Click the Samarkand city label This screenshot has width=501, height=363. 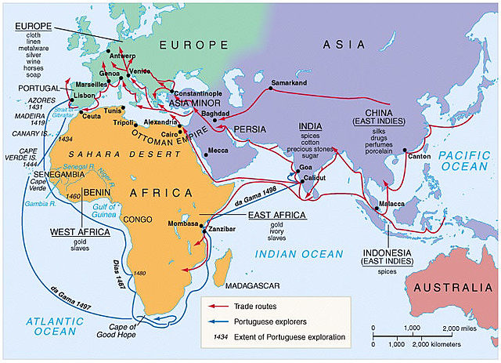coord(288,82)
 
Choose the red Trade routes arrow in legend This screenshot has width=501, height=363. coord(217,305)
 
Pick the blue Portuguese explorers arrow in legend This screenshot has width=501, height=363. coord(217,321)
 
